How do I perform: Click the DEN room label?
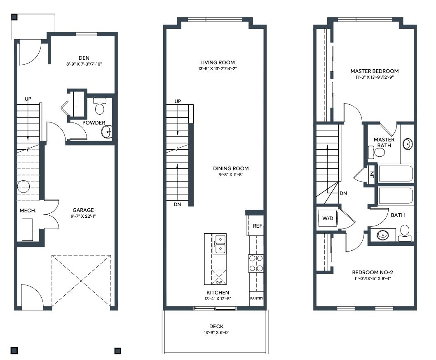(x=84, y=58)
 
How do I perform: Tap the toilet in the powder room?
(x=100, y=106)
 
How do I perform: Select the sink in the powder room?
(x=107, y=132)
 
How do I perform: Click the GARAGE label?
(x=83, y=210)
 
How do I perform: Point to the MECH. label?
(x=28, y=211)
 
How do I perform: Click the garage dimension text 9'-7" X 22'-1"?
(x=83, y=216)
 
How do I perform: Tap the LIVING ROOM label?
(x=218, y=62)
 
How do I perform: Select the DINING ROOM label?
(x=231, y=168)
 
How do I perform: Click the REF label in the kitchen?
(x=258, y=226)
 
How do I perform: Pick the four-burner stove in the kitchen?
(x=256, y=264)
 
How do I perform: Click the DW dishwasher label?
(x=219, y=282)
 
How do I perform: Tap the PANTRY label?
(x=256, y=298)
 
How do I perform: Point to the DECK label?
(x=216, y=326)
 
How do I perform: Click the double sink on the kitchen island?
(x=220, y=244)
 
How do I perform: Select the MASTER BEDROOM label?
(x=375, y=71)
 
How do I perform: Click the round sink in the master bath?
(x=408, y=144)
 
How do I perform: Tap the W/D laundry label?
(x=328, y=219)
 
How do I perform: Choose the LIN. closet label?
(x=372, y=174)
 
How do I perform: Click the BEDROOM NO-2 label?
(x=373, y=272)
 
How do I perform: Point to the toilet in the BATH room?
(x=405, y=233)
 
